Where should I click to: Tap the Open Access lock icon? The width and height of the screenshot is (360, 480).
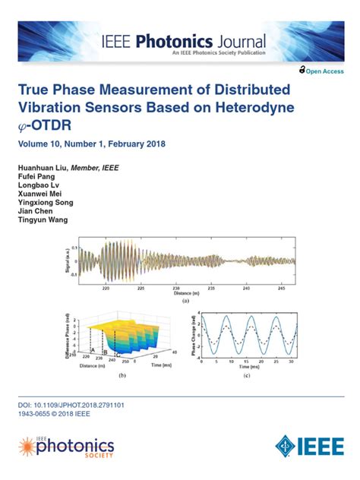pos(302,70)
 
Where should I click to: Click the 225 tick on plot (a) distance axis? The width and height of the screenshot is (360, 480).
pos(140,289)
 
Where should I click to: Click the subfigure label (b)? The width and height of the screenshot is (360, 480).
pos(122,375)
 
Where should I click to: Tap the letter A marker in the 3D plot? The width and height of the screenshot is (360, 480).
pos(92,351)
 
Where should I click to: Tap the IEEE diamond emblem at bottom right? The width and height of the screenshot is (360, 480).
pos(286,446)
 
